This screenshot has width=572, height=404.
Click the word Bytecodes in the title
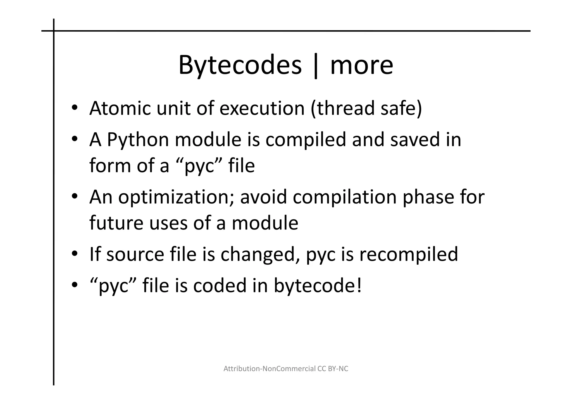(x=240, y=65)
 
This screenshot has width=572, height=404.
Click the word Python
(x=138, y=140)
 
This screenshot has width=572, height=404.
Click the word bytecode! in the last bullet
(x=318, y=286)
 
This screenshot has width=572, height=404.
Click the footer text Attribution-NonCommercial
(x=270, y=369)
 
